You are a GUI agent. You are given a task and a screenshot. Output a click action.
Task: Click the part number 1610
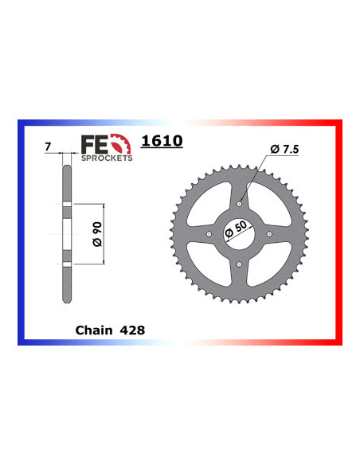click(162, 142)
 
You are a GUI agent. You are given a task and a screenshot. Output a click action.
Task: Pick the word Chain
click(93, 328)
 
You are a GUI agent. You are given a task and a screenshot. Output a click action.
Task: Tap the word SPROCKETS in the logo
click(107, 158)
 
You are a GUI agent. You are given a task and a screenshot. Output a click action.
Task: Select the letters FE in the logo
click(92, 144)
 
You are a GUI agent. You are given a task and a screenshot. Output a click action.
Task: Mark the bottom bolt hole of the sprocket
click(239, 264)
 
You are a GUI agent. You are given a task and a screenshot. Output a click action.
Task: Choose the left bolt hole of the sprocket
click(209, 234)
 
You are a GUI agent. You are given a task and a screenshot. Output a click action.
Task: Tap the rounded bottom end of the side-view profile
click(67, 301)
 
